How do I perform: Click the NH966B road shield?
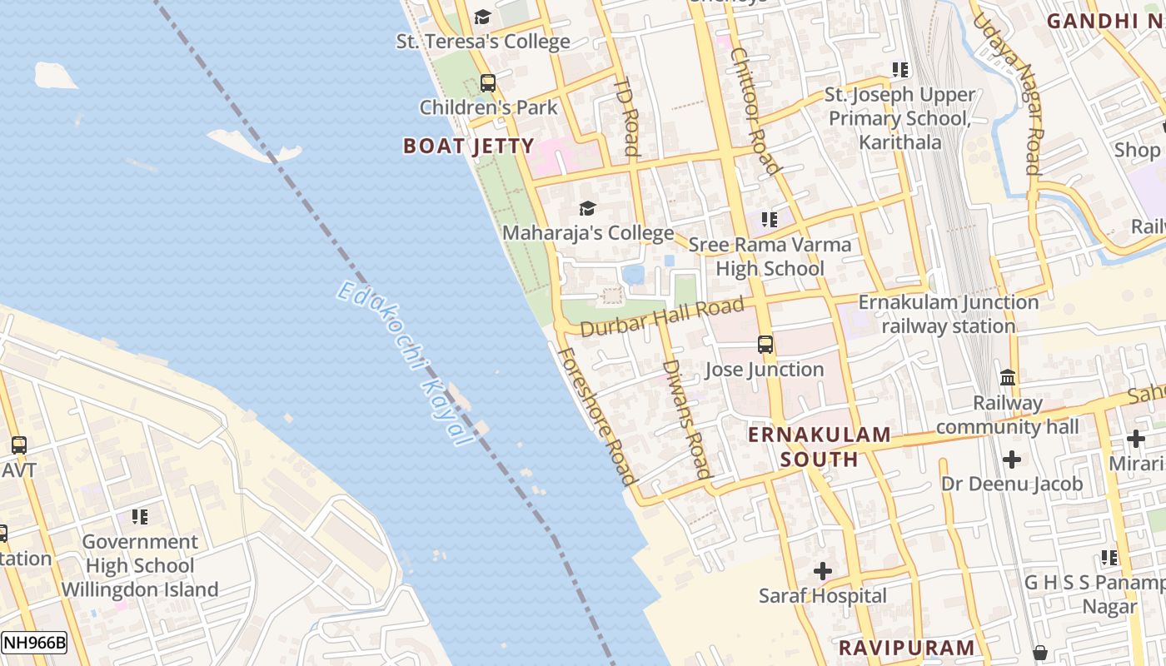coord(34,643)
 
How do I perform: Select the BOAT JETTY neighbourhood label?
coord(468,147)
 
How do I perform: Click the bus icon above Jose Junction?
coord(765,344)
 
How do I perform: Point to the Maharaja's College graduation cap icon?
coord(587,208)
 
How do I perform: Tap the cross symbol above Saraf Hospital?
coord(823,571)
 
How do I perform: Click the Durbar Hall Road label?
coord(661,317)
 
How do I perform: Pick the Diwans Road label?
coord(688,419)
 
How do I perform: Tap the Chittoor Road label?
coord(755,110)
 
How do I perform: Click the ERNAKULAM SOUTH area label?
coord(820,447)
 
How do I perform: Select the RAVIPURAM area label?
coord(906,648)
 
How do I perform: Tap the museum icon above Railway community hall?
coord(1008,377)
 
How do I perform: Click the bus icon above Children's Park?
coord(488,83)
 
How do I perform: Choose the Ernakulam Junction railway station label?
coord(949,314)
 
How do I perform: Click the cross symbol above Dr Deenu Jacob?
coord(1012,459)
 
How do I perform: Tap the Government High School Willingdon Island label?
coord(140,566)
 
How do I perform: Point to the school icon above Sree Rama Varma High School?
coord(770,220)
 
